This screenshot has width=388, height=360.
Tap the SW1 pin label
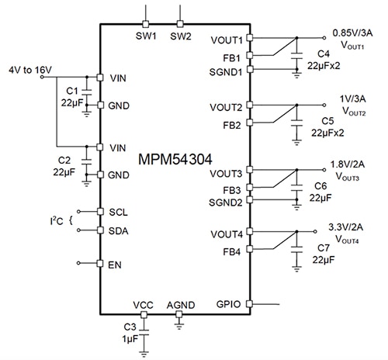click(x=145, y=36)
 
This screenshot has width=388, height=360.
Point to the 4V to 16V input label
click(x=28, y=70)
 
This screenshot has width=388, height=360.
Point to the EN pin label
click(x=115, y=265)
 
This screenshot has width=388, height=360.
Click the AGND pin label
click(x=181, y=306)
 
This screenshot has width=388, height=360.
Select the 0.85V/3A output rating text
click(x=354, y=33)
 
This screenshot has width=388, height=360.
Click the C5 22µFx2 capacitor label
click(x=328, y=126)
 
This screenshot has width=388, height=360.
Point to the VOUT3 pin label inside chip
click(x=227, y=172)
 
